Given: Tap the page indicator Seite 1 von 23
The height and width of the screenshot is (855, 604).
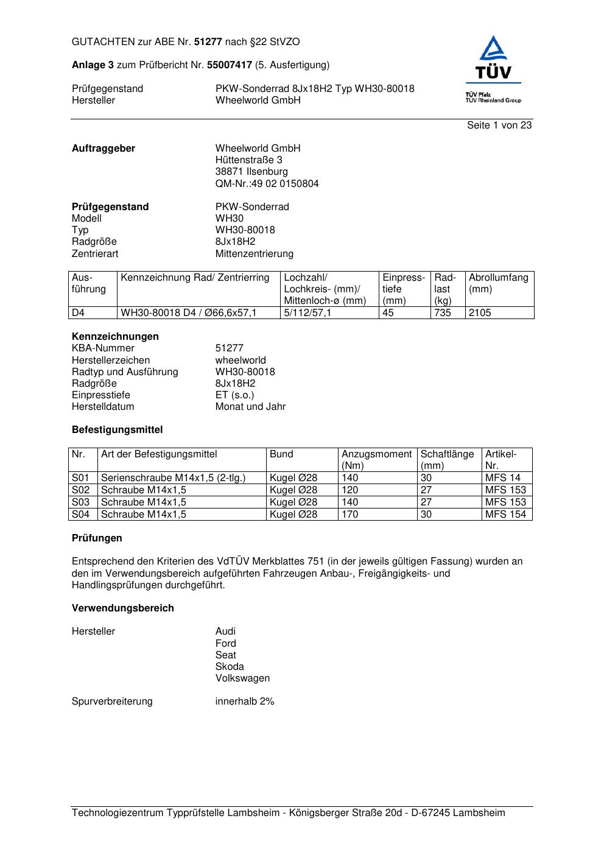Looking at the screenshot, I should tap(499, 125).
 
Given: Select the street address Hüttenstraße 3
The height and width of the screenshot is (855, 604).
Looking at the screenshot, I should tap(248, 160).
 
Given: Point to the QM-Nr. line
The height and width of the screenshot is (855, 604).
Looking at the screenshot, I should tap(267, 183).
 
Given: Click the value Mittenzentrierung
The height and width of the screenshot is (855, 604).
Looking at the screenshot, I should tap(254, 253).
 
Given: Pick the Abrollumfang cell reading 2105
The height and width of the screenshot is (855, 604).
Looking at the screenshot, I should tap(480, 313).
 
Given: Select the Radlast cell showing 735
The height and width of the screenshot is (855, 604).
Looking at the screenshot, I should tap(443, 313).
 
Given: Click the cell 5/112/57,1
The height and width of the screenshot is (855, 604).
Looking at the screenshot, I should tap(307, 313).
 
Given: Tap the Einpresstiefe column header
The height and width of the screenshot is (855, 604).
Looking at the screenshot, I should tap(404, 289).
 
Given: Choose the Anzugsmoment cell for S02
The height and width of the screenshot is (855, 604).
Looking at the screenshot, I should tap(350, 490).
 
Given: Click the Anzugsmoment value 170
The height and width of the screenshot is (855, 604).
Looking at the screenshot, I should tap(350, 515).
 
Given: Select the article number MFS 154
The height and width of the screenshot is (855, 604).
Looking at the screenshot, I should tap(505, 515).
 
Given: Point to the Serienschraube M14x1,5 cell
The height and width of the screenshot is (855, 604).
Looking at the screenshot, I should tap(173, 478).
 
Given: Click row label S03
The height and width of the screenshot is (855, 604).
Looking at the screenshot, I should tap(81, 502).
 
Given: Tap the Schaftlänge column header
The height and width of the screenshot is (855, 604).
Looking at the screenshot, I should tap(447, 459).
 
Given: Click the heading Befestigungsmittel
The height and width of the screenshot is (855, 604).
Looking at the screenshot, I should tap(117, 430).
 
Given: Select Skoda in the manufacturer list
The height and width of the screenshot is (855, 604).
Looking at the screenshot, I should tap(230, 667).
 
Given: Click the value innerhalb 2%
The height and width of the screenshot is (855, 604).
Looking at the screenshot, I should tap(245, 702).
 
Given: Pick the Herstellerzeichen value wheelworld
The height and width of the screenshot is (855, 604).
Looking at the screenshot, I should tap(241, 361).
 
